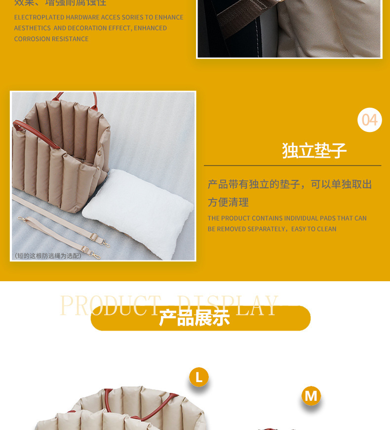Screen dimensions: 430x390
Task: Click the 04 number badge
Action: click(x=369, y=120)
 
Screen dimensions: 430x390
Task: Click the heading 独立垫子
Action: click(x=314, y=150)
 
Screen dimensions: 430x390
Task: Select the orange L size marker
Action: click(x=199, y=378)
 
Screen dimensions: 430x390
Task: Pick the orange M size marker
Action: click(x=311, y=395)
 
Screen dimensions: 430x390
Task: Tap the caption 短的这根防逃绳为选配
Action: click(x=48, y=256)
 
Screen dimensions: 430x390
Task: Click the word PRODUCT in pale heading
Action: click(x=110, y=305)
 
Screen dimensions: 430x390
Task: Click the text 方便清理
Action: click(x=228, y=202)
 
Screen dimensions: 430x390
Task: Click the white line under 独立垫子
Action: click(x=292, y=166)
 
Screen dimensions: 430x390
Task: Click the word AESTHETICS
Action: click(x=33, y=28)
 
